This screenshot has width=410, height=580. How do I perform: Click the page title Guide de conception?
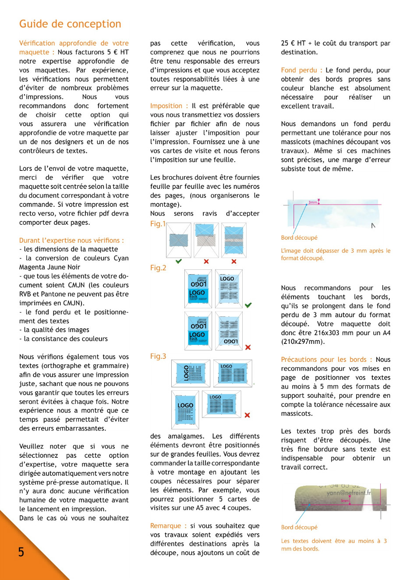tap(70, 24)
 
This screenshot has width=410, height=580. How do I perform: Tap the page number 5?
tap(21, 552)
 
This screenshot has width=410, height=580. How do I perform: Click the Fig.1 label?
tap(158, 224)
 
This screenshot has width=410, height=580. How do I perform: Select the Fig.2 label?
tap(158, 268)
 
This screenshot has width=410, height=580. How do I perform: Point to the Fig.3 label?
tap(158, 357)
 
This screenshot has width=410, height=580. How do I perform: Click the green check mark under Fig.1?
tap(179, 262)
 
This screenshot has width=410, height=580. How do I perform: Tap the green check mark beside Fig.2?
tap(248, 305)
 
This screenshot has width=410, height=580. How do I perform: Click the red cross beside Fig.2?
tap(248, 347)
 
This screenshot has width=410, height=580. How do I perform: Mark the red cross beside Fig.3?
tap(247, 415)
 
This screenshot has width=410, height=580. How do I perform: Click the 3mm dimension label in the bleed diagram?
tap(313, 202)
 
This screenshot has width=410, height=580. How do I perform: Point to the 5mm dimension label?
tap(345, 501)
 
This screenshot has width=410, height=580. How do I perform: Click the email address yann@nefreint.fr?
tap(349, 492)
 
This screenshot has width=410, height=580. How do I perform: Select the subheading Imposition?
tap(166, 106)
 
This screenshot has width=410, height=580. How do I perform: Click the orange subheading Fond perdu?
tap(299, 70)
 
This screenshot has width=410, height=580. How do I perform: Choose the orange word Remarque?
tap(166, 526)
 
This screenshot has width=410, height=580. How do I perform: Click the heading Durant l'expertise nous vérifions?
tap(71, 240)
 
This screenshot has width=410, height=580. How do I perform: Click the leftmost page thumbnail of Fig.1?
tap(178, 240)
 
